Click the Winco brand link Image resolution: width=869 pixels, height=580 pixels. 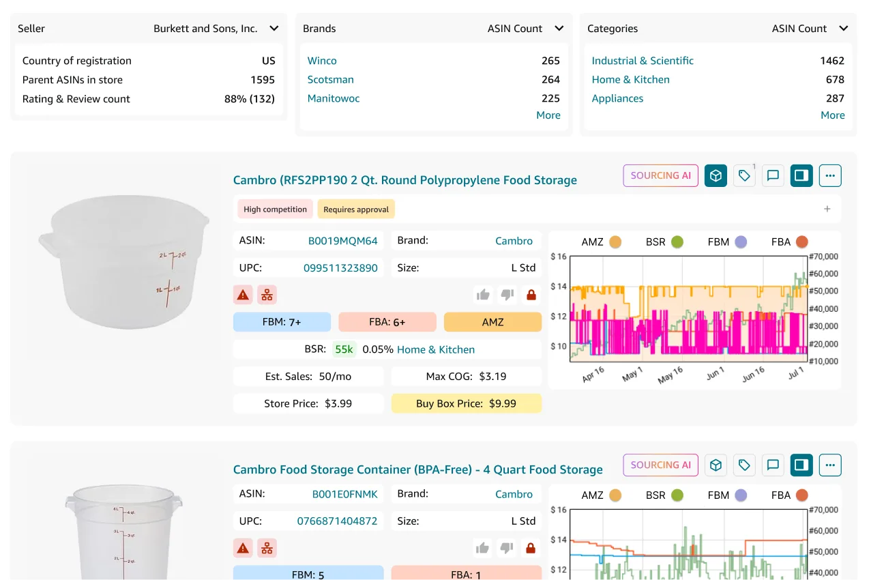(321, 61)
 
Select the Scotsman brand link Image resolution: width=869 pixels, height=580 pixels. (330, 80)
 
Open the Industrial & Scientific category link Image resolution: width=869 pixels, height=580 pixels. (642, 61)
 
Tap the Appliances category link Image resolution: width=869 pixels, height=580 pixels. (617, 98)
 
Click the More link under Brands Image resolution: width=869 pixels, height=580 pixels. (548, 115)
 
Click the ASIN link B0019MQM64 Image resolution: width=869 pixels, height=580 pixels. (342, 241)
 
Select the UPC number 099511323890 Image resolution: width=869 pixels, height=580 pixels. (340, 268)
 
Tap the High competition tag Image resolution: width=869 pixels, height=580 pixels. (275, 209)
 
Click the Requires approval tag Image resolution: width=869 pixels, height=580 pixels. (356, 209)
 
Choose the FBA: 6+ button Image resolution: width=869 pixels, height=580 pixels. (387, 322)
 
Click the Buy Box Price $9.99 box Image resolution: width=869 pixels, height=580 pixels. (466, 403)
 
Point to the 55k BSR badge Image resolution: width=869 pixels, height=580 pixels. (344, 349)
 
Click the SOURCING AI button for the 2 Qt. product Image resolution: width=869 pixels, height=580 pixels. (660, 176)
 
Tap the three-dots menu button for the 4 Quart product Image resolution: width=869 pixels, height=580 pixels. (830, 465)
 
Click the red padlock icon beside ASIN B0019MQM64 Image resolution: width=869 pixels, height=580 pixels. (531, 295)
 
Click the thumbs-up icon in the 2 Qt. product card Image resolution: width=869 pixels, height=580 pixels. (483, 295)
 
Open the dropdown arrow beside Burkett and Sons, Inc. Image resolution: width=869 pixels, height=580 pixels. (274, 29)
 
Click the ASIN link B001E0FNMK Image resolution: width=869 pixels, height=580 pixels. (344, 494)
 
